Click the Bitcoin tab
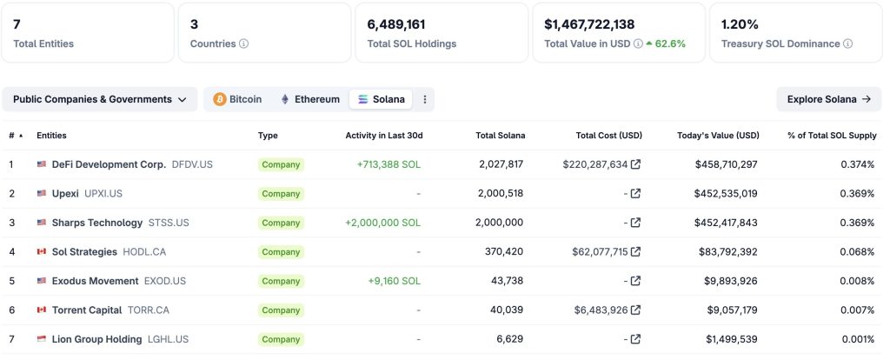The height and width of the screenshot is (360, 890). click(x=237, y=99)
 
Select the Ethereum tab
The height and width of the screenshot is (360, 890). click(x=309, y=99)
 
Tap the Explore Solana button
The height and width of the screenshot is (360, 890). click(x=828, y=99)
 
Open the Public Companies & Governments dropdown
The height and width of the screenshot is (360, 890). click(x=100, y=99)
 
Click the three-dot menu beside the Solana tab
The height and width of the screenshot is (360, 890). click(x=425, y=99)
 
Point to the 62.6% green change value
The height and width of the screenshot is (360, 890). click(x=669, y=43)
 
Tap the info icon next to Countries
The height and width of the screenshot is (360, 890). click(x=244, y=43)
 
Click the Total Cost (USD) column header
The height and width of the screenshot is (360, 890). click(x=608, y=136)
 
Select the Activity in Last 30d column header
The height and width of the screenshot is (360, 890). click(x=383, y=136)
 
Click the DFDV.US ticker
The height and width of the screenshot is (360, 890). click(x=192, y=164)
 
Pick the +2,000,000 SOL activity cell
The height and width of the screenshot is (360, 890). click(x=382, y=223)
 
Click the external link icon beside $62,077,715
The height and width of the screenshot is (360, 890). click(x=635, y=252)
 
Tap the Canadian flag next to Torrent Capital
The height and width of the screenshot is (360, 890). click(x=41, y=310)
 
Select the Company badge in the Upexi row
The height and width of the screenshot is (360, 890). click(x=281, y=194)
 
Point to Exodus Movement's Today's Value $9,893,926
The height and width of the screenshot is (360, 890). click(x=726, y=281)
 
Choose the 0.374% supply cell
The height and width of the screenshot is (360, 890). click(x=857, y=164)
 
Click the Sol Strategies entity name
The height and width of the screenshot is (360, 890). click(x=84, y=252)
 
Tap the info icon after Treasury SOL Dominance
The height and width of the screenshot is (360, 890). click(x=847, y=43)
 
